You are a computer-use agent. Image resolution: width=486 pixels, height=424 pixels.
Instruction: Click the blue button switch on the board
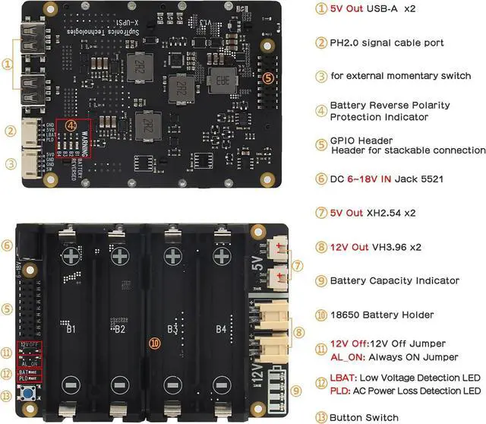coord(33,394)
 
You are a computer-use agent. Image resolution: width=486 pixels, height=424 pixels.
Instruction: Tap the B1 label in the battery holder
coord(71,330)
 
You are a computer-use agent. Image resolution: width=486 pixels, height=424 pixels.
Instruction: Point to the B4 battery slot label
coord(220,330)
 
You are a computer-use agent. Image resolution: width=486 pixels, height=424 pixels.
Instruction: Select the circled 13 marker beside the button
coord(8,394)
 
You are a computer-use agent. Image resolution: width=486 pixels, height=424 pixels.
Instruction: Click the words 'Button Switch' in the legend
coord(364,417)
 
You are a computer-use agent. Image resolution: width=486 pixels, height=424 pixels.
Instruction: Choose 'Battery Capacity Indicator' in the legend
coord(394,280)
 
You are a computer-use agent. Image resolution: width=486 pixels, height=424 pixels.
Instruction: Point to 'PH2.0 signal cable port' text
coord(387,43)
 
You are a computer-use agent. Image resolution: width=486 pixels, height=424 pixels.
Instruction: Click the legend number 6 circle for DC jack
coord(320,179)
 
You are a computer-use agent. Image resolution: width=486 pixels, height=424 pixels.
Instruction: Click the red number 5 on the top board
coord(267,78)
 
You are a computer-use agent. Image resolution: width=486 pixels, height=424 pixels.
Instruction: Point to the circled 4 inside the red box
coord(71,124)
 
